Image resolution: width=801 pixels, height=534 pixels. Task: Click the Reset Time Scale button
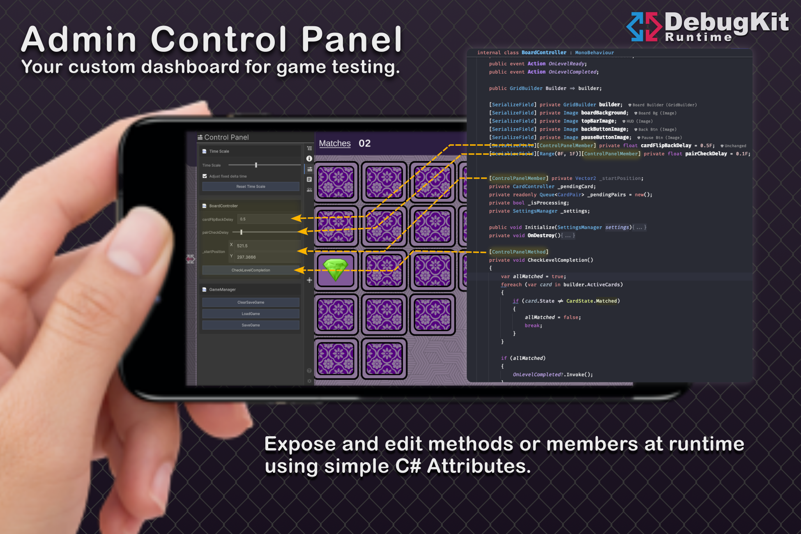[251, 186]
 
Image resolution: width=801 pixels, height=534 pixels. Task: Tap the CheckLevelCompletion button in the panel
[251, 270]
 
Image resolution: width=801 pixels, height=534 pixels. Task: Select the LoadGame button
[251, 314]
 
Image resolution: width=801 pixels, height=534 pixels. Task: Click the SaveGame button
[251, 325]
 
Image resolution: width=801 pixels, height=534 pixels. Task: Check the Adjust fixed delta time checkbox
[205, 176]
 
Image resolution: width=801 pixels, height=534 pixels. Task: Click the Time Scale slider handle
[256, 165]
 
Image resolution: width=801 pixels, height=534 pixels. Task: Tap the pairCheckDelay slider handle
[241, 232]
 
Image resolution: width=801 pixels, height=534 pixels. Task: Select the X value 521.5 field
[267, 246]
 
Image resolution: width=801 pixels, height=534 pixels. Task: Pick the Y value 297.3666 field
[267, 257]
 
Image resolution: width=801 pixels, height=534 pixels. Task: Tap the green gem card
[336, 269]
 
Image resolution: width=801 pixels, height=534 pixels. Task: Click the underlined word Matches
[335, 143]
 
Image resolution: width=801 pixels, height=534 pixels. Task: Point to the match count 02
[365, 143]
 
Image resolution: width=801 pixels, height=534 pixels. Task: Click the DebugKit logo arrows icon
[644, 27]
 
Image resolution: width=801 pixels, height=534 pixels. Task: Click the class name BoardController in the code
[544, 53]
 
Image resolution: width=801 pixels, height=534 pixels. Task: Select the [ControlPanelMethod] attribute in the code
[518, 252]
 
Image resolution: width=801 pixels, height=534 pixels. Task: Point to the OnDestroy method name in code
[541, 235]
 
